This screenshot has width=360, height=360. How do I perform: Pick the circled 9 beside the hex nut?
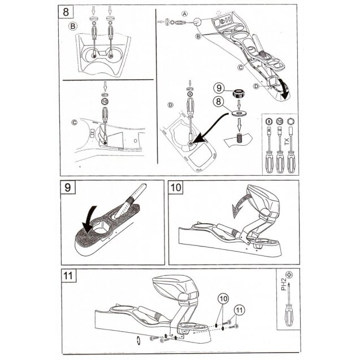click(217, 88)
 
